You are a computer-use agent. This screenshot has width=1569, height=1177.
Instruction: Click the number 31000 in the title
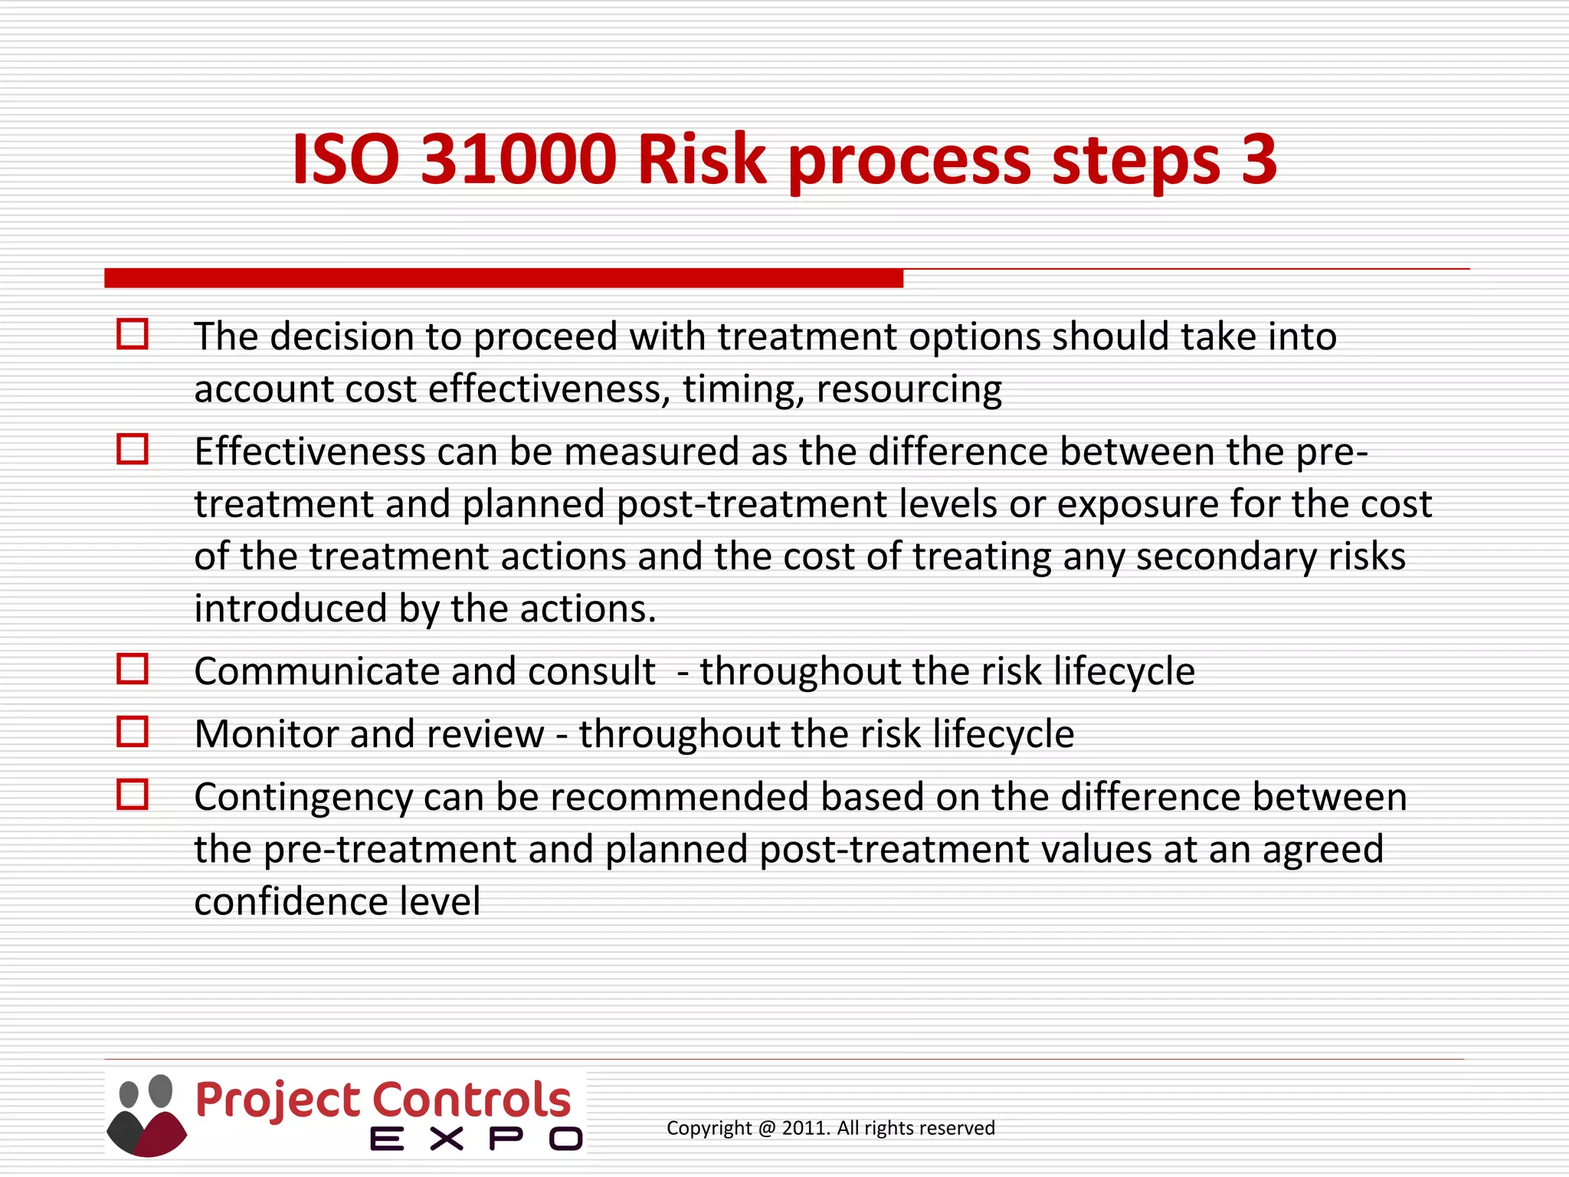[519, 159]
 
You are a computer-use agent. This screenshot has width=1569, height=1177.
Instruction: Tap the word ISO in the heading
[346, 159]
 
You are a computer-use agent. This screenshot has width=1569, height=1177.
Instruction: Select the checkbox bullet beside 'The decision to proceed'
[133, 335]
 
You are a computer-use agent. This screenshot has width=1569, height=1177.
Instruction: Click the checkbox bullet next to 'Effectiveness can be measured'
[133, 449]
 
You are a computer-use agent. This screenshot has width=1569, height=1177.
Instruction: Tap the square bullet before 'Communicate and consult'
[133, 669]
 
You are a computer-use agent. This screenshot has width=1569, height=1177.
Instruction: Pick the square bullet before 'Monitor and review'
[133, 732]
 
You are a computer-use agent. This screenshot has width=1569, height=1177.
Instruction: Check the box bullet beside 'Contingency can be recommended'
[133, 795]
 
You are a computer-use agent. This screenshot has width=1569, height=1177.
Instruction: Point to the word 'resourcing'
[909, 389]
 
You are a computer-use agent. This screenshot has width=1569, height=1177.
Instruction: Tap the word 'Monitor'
[267, 733]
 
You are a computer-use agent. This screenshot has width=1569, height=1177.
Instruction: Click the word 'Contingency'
[303, 797]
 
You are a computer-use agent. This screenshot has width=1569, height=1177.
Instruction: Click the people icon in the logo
[146, 1115]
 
